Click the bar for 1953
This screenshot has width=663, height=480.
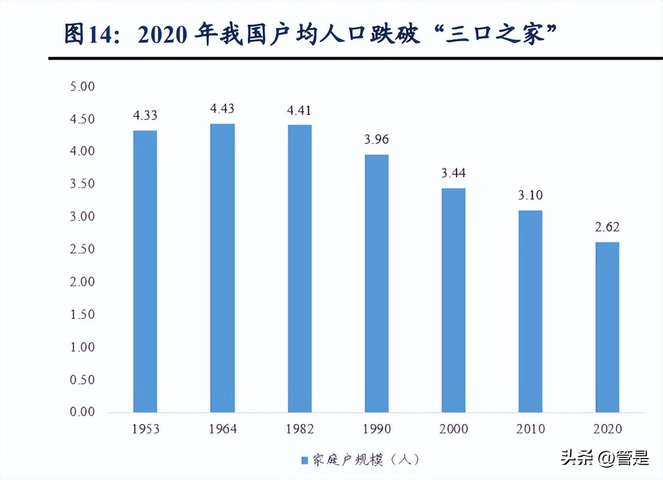pos(145,271)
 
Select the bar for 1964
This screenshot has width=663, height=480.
pos(222,268)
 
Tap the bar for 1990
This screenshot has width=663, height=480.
pos(377,283)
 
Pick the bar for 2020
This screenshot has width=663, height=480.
pos(607,327)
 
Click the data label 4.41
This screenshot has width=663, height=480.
pos(299,111)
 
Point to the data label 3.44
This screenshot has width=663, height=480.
pos(454,173)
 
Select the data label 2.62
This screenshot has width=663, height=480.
pos(607,227)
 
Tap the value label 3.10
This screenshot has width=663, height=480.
pos(531,195)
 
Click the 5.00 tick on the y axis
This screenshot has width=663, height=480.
pos(82,86)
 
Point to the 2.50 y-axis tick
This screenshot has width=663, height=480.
pos(82,249)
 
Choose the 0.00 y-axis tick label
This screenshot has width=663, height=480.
pos(82,412)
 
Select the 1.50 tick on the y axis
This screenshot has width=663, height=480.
pos(82,314)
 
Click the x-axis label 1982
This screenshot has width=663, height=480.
pos(299,429)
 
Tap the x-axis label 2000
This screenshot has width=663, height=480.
pos(454,429)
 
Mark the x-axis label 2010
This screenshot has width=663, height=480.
pos(531,429)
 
